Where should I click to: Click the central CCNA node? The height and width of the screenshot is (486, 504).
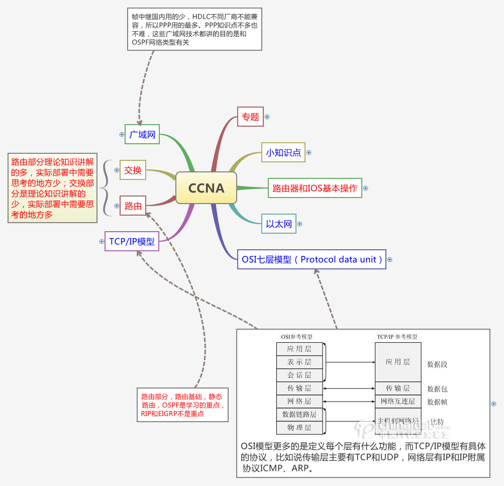click(x=206, y=188)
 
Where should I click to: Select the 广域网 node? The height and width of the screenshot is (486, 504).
click(x=142, y=135)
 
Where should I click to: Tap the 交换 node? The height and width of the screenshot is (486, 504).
click(x=133, y=170)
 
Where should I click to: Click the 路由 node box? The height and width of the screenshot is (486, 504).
click(x=133, y=206)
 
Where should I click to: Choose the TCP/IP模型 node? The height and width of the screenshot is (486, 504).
click(x=132, y=241)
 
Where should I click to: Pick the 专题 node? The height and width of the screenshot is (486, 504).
click(x=250, y=117)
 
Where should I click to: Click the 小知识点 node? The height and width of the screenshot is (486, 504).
click(x=283, y=153)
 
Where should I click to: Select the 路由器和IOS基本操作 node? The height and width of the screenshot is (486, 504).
click(x=315, y=188)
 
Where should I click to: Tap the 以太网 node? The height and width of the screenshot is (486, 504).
click(x=279, y=224)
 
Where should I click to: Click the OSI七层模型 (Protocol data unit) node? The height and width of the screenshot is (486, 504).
click(x=312, y=259)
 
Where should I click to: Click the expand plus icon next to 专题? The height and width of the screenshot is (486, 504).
click(x=267, y=117)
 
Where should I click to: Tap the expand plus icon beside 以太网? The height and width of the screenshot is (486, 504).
click(x=300, y=224)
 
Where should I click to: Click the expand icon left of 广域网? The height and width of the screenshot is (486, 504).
click(x=122, y=135)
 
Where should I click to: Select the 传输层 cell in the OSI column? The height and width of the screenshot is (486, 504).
click(x=299, y=388)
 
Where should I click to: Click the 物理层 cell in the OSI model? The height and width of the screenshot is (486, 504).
click(x=299, y=428)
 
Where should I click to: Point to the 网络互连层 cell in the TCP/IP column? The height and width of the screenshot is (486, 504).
click(x=397, y=402)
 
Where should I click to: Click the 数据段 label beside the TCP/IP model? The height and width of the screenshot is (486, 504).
click(x=437, y=364)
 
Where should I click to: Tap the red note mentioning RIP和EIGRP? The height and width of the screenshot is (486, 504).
click(x=182, y=405)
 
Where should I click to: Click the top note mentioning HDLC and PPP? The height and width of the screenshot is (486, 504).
click(x=194, y=29)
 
